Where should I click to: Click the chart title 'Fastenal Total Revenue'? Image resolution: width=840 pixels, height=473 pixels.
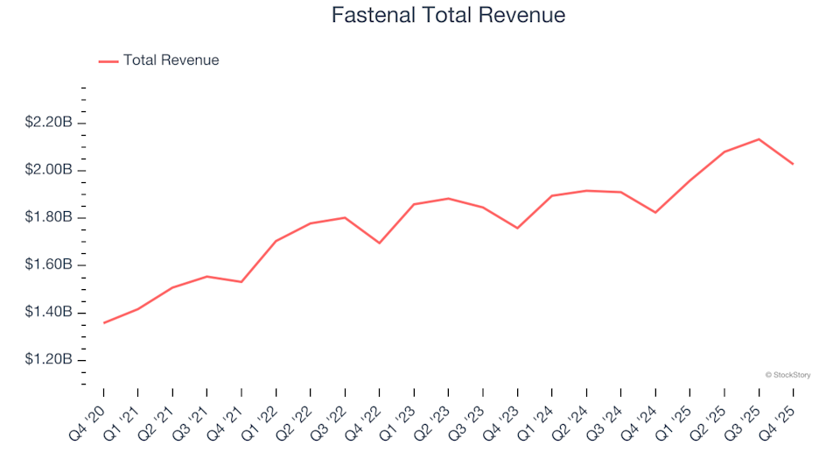pyautogui.click(x=448, y=16)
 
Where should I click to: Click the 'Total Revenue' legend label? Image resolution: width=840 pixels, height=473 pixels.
pyautogui.click(x=171, y=60)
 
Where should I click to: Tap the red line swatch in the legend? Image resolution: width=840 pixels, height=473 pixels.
pyautogui.click(x=108, y=61)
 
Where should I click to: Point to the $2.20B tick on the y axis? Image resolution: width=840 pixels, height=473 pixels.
pyautogui.click(x=49, y=122)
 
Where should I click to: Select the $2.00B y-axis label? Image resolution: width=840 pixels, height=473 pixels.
pyautogui.click(x=49, y=170)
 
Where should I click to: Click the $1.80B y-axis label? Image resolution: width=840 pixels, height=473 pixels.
pyautogui.click(x=49, y=217)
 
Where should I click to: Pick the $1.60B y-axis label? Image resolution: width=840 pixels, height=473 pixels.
pyautogui.click(x=49, y=265)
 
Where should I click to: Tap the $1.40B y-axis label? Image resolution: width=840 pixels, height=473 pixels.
pyautogui.click(x=49, y=313)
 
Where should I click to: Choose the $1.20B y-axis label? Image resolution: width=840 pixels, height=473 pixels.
pyautogui.click(x=49, y=361)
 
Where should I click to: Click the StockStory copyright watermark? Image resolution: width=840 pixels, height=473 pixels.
pyautogui.click(x=787, y=375)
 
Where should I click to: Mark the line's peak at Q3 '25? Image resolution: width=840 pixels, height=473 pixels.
pyautogui.click(x=759, y=138)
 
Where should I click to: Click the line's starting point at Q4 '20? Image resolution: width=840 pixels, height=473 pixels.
pyautogui.click(x=103, y=323)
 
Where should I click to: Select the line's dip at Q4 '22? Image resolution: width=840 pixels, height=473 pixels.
pyautogui.click(x=379, y=243)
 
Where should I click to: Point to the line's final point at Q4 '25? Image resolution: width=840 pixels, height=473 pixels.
pyautogui.click(x=793, y=164)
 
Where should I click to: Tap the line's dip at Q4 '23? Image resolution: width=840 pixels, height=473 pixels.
pyautogui.click(x=517, y=228)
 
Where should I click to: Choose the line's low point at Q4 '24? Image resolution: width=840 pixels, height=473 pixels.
pyautogui.click(x=655, y=213)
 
